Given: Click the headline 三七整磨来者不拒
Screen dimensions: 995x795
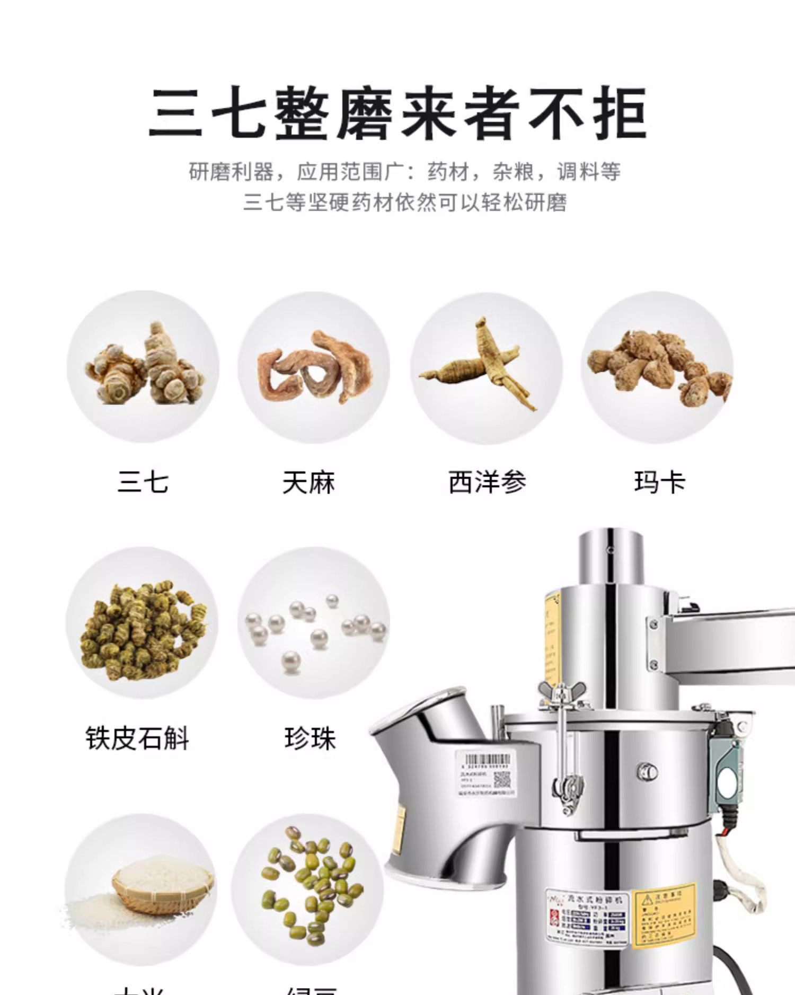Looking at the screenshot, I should click(x=397, y=113).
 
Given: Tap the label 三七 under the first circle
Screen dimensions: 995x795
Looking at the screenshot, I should click(x=143, y=482).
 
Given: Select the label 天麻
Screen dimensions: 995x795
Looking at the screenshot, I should click(x=308, y=482).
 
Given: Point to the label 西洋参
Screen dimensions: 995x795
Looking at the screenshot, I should click(x=487, y=482).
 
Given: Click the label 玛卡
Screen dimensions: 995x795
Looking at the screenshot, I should click(x=659, y=482).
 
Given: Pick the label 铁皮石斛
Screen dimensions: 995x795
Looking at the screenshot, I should click(x=137, y=738).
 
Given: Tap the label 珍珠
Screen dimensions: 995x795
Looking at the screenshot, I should click(x=310, y=738).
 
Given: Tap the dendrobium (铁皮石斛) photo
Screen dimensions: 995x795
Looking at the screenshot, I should click(x=142, y=623).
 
